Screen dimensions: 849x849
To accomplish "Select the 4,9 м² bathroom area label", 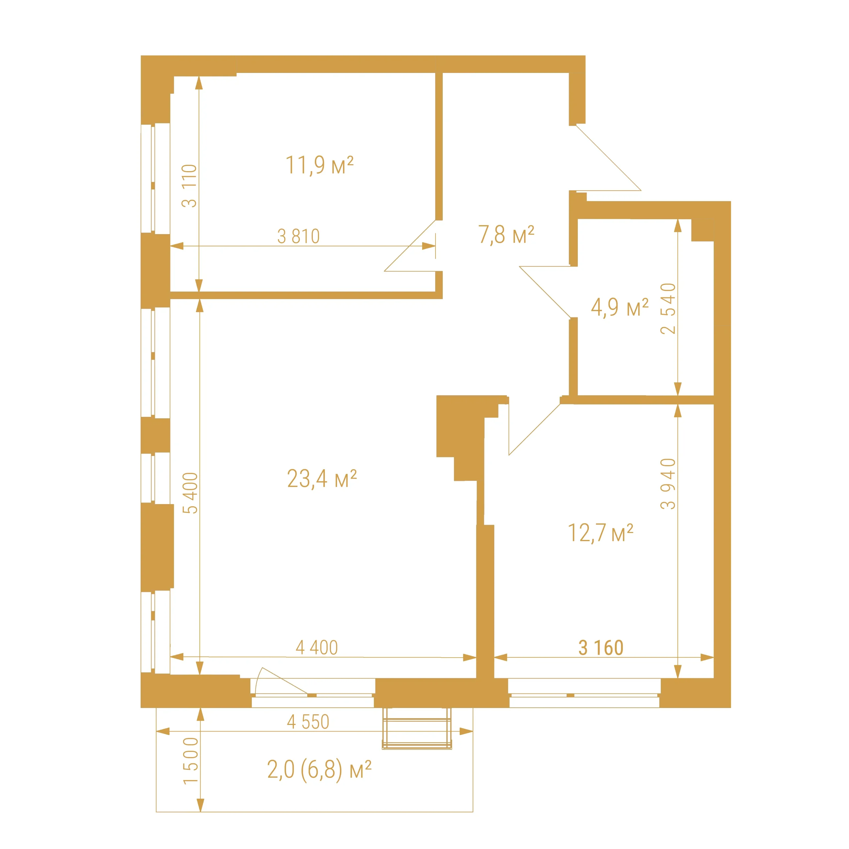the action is click(x=620, y=307).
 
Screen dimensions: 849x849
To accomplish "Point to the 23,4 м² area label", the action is click(x=322, y=479).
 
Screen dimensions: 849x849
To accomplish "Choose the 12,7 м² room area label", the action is click(x=600, y=533).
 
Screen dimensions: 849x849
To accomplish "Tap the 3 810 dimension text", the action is click(x=298, y=236).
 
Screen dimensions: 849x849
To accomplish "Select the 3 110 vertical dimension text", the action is click(x=189, y=185).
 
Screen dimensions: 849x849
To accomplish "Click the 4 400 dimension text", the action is click(x=316, y=647).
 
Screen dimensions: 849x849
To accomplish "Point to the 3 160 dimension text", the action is click(x=601, y=648).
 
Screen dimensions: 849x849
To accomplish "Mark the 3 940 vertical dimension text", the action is click(x=668, y=484).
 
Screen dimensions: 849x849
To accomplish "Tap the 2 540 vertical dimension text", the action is click(x=668, y=308).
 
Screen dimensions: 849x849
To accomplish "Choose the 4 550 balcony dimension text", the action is click(x=308, y=722).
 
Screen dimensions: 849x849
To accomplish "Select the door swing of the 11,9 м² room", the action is click(x=410, y=246).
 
